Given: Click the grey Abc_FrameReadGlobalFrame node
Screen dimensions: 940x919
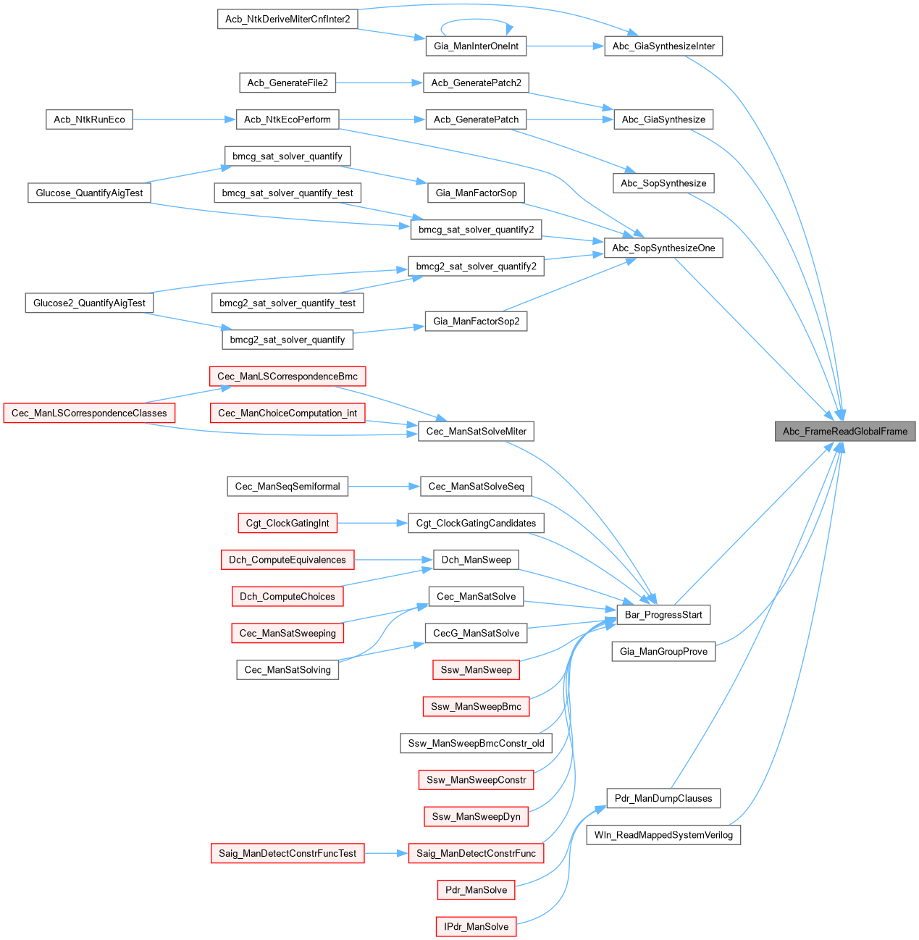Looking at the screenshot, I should [844, 431].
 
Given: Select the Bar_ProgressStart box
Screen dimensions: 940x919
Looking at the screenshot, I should [663, 615].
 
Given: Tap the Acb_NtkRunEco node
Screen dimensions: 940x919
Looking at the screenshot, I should [89, 119].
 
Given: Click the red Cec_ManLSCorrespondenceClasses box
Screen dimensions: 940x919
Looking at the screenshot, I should [89, 413].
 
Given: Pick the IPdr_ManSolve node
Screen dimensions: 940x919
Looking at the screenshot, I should [476, 926].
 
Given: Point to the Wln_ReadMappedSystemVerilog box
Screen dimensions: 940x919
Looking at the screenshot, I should [663, 835].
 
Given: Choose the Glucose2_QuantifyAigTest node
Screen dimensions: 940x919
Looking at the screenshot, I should [89, 303].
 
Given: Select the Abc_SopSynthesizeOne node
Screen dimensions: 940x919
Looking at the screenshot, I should [663, 248].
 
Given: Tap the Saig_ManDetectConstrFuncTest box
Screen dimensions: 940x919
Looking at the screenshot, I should [288, 853].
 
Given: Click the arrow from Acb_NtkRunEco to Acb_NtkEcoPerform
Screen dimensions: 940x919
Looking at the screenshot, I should [184, 119].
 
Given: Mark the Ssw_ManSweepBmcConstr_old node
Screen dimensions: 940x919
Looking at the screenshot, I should [476, 743].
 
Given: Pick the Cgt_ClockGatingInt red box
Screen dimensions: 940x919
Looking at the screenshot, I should [288, 523].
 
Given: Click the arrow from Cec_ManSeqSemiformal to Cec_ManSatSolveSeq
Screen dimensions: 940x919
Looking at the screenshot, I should [384, 486].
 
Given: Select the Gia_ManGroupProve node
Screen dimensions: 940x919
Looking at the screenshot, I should [663, 651].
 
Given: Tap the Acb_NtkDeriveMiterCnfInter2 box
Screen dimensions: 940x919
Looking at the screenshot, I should [288, 19].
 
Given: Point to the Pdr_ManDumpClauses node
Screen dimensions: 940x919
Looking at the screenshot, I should [663, 798].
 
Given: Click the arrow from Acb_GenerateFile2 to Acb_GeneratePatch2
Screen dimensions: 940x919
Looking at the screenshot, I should [379, 83].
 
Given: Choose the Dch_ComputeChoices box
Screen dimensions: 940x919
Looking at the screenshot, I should [288, 596].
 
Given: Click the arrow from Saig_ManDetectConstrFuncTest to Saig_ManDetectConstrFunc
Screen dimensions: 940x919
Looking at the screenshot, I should [386, 853].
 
